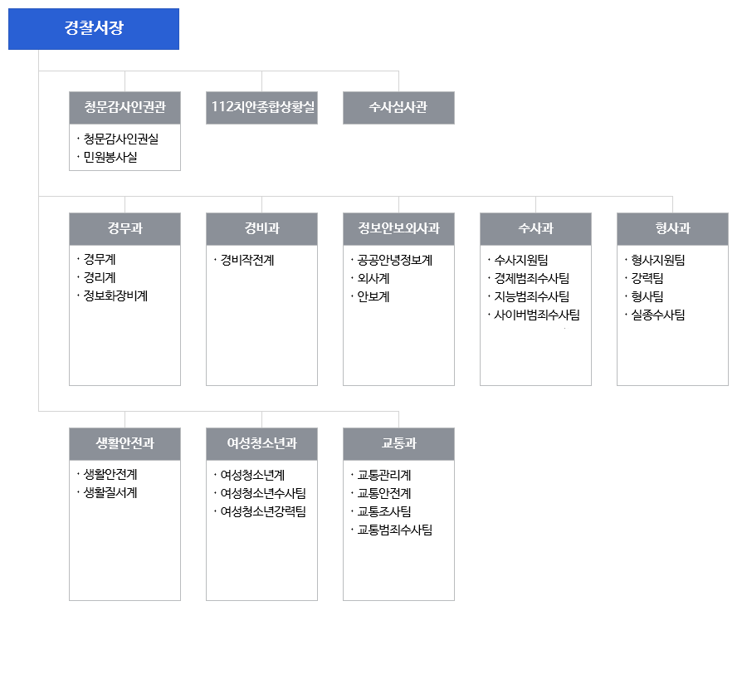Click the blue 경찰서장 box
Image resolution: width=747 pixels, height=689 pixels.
point(94,28)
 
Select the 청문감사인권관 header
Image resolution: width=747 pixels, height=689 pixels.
point(124,108)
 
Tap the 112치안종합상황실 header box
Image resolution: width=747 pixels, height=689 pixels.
point(261,108)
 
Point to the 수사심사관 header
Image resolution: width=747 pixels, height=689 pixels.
point(398,108)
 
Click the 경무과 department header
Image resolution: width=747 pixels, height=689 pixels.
point(124,229)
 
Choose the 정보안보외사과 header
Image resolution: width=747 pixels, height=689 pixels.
point(398,229)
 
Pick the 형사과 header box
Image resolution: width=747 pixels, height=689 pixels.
point(672,229)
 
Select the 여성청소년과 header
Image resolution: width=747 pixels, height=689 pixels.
point(261,443)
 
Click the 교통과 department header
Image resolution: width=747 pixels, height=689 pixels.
point(398,443)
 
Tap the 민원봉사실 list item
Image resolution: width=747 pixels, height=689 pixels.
point(110,157)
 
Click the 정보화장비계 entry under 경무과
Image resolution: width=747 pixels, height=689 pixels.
point(115,296)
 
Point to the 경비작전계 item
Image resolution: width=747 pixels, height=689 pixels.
point(247,260)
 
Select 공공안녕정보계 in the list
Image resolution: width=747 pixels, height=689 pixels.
point(395,260)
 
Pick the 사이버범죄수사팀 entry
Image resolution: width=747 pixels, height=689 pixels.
point(537,315)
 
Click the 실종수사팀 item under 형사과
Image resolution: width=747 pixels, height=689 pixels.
point(658,315)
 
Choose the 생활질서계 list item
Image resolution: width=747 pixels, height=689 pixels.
point(110,493)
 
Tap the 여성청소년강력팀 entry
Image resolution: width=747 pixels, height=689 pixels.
point(263,511)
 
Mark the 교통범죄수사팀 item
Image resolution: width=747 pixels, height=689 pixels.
point(395,530)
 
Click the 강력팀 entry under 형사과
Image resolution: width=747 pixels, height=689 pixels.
point(647,278)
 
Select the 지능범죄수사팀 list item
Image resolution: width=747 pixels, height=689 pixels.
point(532,296)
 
